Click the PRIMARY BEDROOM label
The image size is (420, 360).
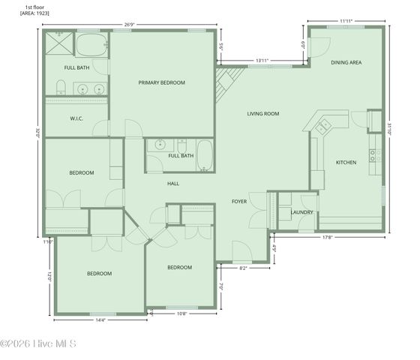pos(161,82)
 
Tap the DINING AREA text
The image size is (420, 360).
pos(346,62)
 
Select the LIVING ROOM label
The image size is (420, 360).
pos(263,114)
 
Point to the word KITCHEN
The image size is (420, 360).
pos(346,162)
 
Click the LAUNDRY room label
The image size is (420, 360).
pos(301,212)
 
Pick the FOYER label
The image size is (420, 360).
pos(239,201)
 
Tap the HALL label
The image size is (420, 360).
pos(173,183)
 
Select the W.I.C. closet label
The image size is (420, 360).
pos(76,118)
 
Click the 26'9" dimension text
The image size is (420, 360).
pos(129,25)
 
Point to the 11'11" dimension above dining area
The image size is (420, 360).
pos(346,21)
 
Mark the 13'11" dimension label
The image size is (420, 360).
pos(262,60)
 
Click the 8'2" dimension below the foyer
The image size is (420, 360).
pos(244,268)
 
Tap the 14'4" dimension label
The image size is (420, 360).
pos(100,320)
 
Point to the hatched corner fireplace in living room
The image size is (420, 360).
pos(226,84)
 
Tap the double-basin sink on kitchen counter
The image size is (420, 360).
pos(323,127)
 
